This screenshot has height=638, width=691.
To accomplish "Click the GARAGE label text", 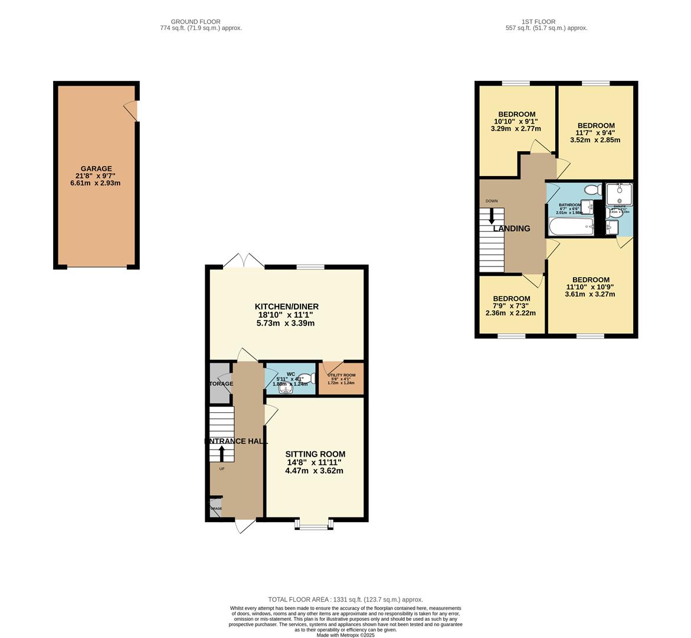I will coord(96,169).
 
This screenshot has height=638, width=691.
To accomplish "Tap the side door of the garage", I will coord(132,110).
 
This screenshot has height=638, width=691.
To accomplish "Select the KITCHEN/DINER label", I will coord(286,307).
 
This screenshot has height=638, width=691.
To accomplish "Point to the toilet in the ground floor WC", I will coord(303,379).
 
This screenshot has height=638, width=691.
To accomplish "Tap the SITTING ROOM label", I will coord(315,454).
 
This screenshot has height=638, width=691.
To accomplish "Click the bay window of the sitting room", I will coord(314,523).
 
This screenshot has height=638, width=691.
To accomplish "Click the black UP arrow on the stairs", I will coord(222,453).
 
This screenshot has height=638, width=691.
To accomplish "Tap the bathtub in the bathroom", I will coord(571,227).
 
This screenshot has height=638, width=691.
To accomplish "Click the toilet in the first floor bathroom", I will coord(591,190).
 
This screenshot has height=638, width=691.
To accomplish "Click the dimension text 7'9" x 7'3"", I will coord(511,306).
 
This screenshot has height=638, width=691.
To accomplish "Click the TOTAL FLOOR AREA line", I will coord(345,599).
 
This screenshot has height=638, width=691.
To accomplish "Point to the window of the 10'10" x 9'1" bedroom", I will coord(516,84).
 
